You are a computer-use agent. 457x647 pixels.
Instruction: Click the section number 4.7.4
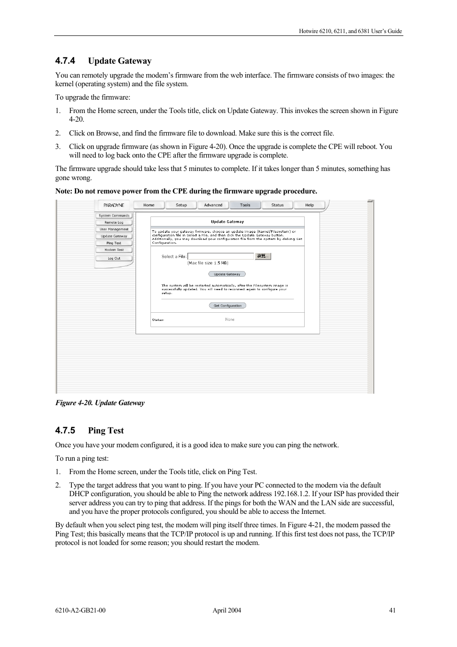pyautogui.click(x=65, y=61)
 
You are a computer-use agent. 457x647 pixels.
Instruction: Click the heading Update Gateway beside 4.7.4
pyautogui.click(x=119, y=61)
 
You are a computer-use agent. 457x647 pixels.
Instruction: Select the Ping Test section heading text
pyautogui.click(x=106, y=431)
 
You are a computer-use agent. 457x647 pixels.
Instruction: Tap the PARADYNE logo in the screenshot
pyautogui.click(x=114, y=205)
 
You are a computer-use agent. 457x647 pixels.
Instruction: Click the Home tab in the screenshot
pyautogui.click(x=149, y=205)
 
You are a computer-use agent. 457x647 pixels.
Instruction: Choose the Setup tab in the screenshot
pyautogui.click(x=181, y=205)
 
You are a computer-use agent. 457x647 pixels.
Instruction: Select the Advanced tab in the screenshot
pyautogui.click(x=213, y=205)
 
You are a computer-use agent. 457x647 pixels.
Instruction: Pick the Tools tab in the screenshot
pyautogui.click(x=245, y=205)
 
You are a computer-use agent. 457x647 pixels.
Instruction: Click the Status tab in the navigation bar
pyautogui.click(x=277, y=205)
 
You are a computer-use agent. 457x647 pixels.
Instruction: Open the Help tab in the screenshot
pyautogui.click(x=309, y=205)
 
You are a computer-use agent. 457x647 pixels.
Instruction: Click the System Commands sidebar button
pyautogui.click(x=114, y=216)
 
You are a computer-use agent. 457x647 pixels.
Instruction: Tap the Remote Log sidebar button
pyautogui.click(x=114, y=222)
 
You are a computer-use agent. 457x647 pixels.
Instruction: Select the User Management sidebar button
pyautogui.click(x=114, y=229)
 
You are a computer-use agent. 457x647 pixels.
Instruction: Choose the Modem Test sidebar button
pyautogui.click(x=114, y=250)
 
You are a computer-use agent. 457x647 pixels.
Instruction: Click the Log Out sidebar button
pyautogui.click(x=114, y=258)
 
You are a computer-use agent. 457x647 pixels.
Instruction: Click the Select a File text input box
pyautogui.click(x=220, y=256)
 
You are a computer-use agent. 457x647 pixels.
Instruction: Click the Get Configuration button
pyautogui.click(x=228, y=306)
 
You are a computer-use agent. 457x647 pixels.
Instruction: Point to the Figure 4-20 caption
pyautogui.click(x=100, y=403)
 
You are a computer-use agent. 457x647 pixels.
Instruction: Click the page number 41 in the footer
pyautogui.click(x=392, y=610)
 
